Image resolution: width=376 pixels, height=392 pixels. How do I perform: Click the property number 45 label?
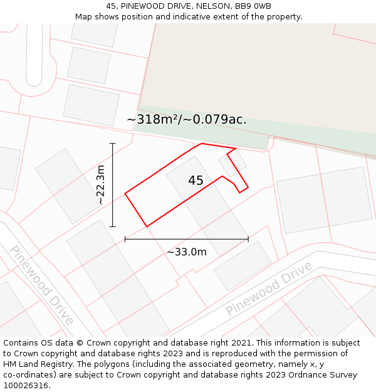coord(196,181)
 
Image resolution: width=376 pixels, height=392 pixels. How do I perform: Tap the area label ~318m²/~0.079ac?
coord(187,120)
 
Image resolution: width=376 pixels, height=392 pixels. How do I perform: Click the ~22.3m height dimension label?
coord(101,185)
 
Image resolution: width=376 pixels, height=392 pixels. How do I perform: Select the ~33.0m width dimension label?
coord(186,252)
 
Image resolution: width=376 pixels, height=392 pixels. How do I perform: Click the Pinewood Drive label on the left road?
coord(41,285)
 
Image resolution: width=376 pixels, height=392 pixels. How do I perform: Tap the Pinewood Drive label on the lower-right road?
coord(269,289)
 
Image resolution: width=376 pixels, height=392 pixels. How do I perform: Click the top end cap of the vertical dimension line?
coord(113,144)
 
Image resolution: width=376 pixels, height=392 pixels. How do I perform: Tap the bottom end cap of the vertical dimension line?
coord(113,226)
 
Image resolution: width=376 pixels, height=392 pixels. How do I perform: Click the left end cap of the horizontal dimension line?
coord(125,239)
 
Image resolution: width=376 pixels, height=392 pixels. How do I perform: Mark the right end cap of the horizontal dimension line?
coord(248,239)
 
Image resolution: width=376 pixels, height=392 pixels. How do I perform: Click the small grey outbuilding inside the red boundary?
coord(232,162)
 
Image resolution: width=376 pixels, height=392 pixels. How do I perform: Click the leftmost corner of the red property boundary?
coord(125,193)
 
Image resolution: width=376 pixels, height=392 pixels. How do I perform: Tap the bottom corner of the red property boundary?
coord(147,226)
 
